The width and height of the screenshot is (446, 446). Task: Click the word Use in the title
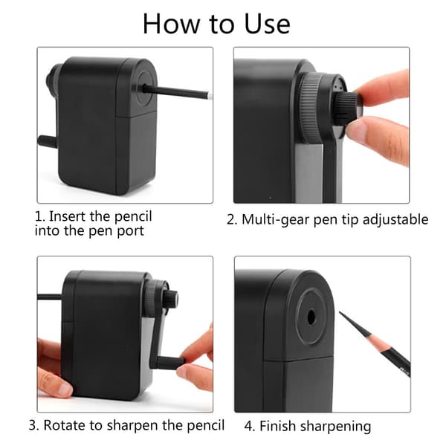[x=268, y=24]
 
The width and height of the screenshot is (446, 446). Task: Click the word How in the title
[x=172, y=24]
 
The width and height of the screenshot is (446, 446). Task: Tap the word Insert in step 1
[x=68, y=216]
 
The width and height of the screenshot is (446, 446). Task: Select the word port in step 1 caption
[x=131, y=231]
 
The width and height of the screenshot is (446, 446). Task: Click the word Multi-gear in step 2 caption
[x=275, y=220]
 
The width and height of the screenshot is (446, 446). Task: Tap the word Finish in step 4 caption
[x=277, y=427]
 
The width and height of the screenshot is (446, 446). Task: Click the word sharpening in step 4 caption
[x=336, y=427]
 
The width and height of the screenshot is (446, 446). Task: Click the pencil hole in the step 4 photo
[x=311, y=317]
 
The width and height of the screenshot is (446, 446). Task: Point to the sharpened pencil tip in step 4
[x=340, y=312]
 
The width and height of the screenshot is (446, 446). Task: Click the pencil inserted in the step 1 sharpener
[x=177, y=91]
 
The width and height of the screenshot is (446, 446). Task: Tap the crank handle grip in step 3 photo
[x=170, y=363]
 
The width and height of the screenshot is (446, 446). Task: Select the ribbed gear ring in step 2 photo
[x=310, y=106]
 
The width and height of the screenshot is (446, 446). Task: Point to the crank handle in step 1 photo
[x=48, y=141]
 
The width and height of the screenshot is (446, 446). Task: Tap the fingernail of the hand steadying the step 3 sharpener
[x=65, y=390]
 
